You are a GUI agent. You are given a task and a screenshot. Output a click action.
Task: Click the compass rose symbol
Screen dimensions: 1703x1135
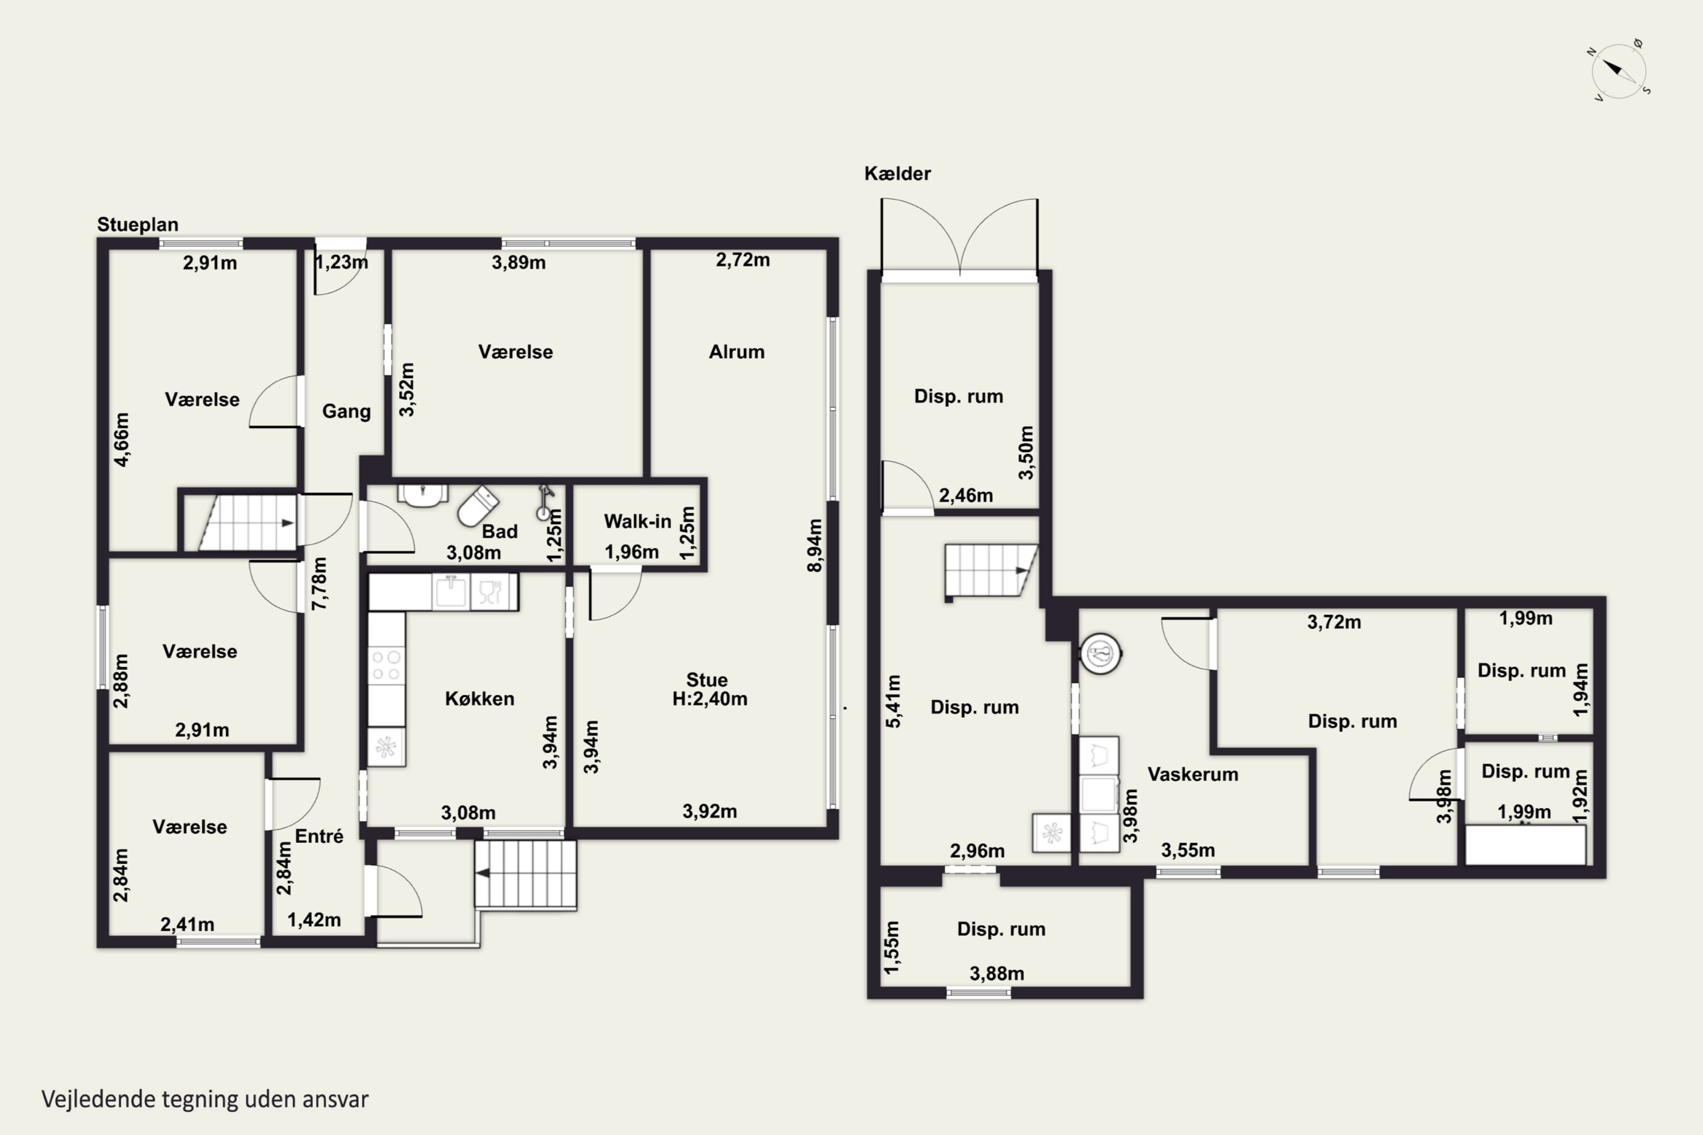[x=1619, y=70]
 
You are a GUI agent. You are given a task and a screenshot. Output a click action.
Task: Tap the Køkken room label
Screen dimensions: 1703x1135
[x=479, y=699]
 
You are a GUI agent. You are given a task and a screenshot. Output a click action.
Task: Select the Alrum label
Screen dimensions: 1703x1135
[x=736, y=352]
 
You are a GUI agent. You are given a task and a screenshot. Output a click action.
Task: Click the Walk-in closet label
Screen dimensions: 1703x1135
[x=637, y=521]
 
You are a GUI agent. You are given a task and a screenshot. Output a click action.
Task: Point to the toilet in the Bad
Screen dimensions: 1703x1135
[x=478, y=505]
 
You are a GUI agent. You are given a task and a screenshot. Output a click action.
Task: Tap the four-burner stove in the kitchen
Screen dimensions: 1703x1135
[x=386, y=666]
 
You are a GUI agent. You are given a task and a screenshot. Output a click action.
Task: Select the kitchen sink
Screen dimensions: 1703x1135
[x=450, y=591]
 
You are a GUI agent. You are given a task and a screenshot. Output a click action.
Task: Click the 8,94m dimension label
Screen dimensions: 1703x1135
[x=815, y=545]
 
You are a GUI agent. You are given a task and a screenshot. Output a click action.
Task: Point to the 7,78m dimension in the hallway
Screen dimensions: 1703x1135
[x=318, y=583]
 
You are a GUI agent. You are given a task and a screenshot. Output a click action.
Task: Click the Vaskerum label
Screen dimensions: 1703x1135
[x=1193, y=775]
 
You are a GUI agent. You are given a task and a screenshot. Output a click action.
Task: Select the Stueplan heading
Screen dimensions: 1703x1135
[x=137, y=224]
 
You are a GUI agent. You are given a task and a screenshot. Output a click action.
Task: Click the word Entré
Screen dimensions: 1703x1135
[x=318, y=836]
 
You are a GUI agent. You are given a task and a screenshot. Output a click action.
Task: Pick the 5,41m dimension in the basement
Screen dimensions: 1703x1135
[x=894, y=701]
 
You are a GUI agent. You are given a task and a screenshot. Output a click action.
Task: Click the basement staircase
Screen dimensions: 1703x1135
[x=991, y=570]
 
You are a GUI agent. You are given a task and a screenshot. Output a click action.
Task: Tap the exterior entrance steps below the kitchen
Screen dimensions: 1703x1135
[x=526, y=874]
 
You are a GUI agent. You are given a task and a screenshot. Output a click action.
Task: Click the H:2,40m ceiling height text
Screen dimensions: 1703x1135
[x=710, y=699]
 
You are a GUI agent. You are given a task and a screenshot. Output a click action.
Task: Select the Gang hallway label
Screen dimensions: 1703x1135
[x=346, y=411]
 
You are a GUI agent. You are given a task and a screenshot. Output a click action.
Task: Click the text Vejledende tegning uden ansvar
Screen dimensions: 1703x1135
[x=205, y=1099]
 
